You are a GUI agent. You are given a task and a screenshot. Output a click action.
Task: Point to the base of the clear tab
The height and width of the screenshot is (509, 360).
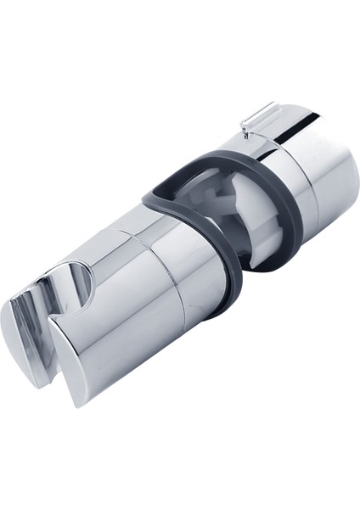pos(249,129)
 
